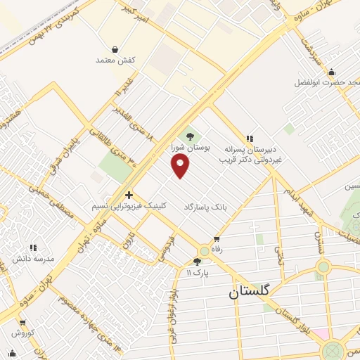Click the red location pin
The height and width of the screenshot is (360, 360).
(x=181, y=166)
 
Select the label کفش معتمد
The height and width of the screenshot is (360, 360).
(x=115, y=60)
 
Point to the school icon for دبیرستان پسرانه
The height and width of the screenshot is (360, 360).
(x=248, y=139)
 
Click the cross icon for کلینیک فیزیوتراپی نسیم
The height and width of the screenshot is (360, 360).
(x=129, y=195)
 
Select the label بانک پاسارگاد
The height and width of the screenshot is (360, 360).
(x=207, y=207)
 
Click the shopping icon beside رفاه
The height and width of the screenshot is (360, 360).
(x=217, y=239)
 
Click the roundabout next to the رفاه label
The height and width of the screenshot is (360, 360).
(x=204, y=250)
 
